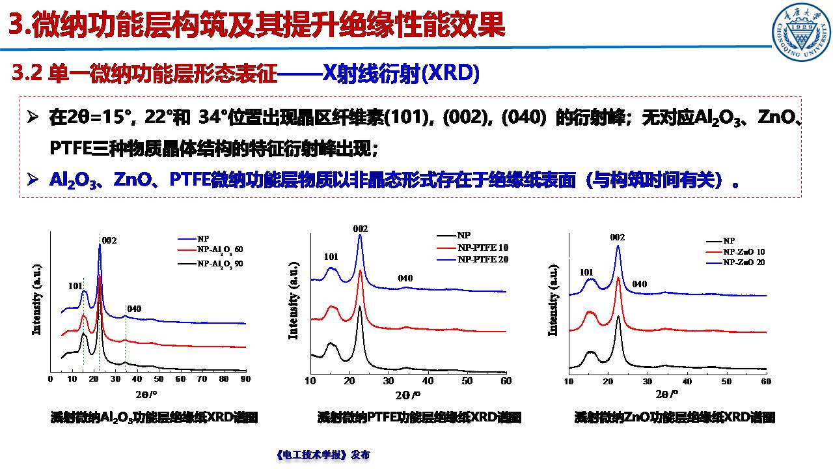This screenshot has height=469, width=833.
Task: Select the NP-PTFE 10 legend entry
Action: tap(482, 248)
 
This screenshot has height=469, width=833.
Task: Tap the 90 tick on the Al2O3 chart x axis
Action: tap(245, 378)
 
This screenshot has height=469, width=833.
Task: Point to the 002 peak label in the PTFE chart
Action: tap(360, 229)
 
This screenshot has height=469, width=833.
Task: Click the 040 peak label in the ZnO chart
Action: tap(639, 284)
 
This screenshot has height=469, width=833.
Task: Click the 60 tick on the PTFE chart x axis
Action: tap(506, 380)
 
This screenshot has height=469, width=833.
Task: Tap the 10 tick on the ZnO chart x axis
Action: tap(569, 380)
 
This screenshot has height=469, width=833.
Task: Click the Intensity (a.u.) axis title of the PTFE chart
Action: tap(294, 307)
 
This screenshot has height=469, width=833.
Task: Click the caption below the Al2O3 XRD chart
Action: tap(154, 418)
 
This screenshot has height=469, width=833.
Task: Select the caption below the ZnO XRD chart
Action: tap(675, 418)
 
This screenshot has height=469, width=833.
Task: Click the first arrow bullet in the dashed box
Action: tap(33, 119)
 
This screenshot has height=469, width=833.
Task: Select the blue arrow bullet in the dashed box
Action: tap(33, 178)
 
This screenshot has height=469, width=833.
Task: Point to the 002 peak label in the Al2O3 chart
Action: tap(109, 240)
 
